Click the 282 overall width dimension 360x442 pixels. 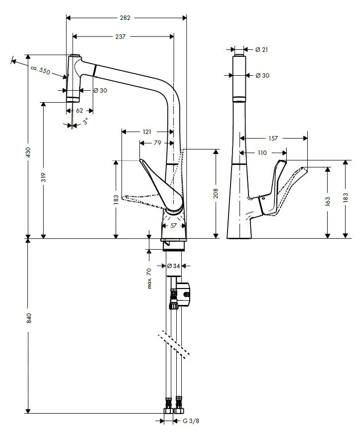125,18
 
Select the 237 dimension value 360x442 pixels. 120,36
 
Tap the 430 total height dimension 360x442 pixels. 28,151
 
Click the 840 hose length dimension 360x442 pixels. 28,318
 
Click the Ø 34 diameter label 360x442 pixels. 172,266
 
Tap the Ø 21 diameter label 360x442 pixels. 261,49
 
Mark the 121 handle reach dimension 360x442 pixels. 146,132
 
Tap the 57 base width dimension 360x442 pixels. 173,226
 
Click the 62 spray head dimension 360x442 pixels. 79,111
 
